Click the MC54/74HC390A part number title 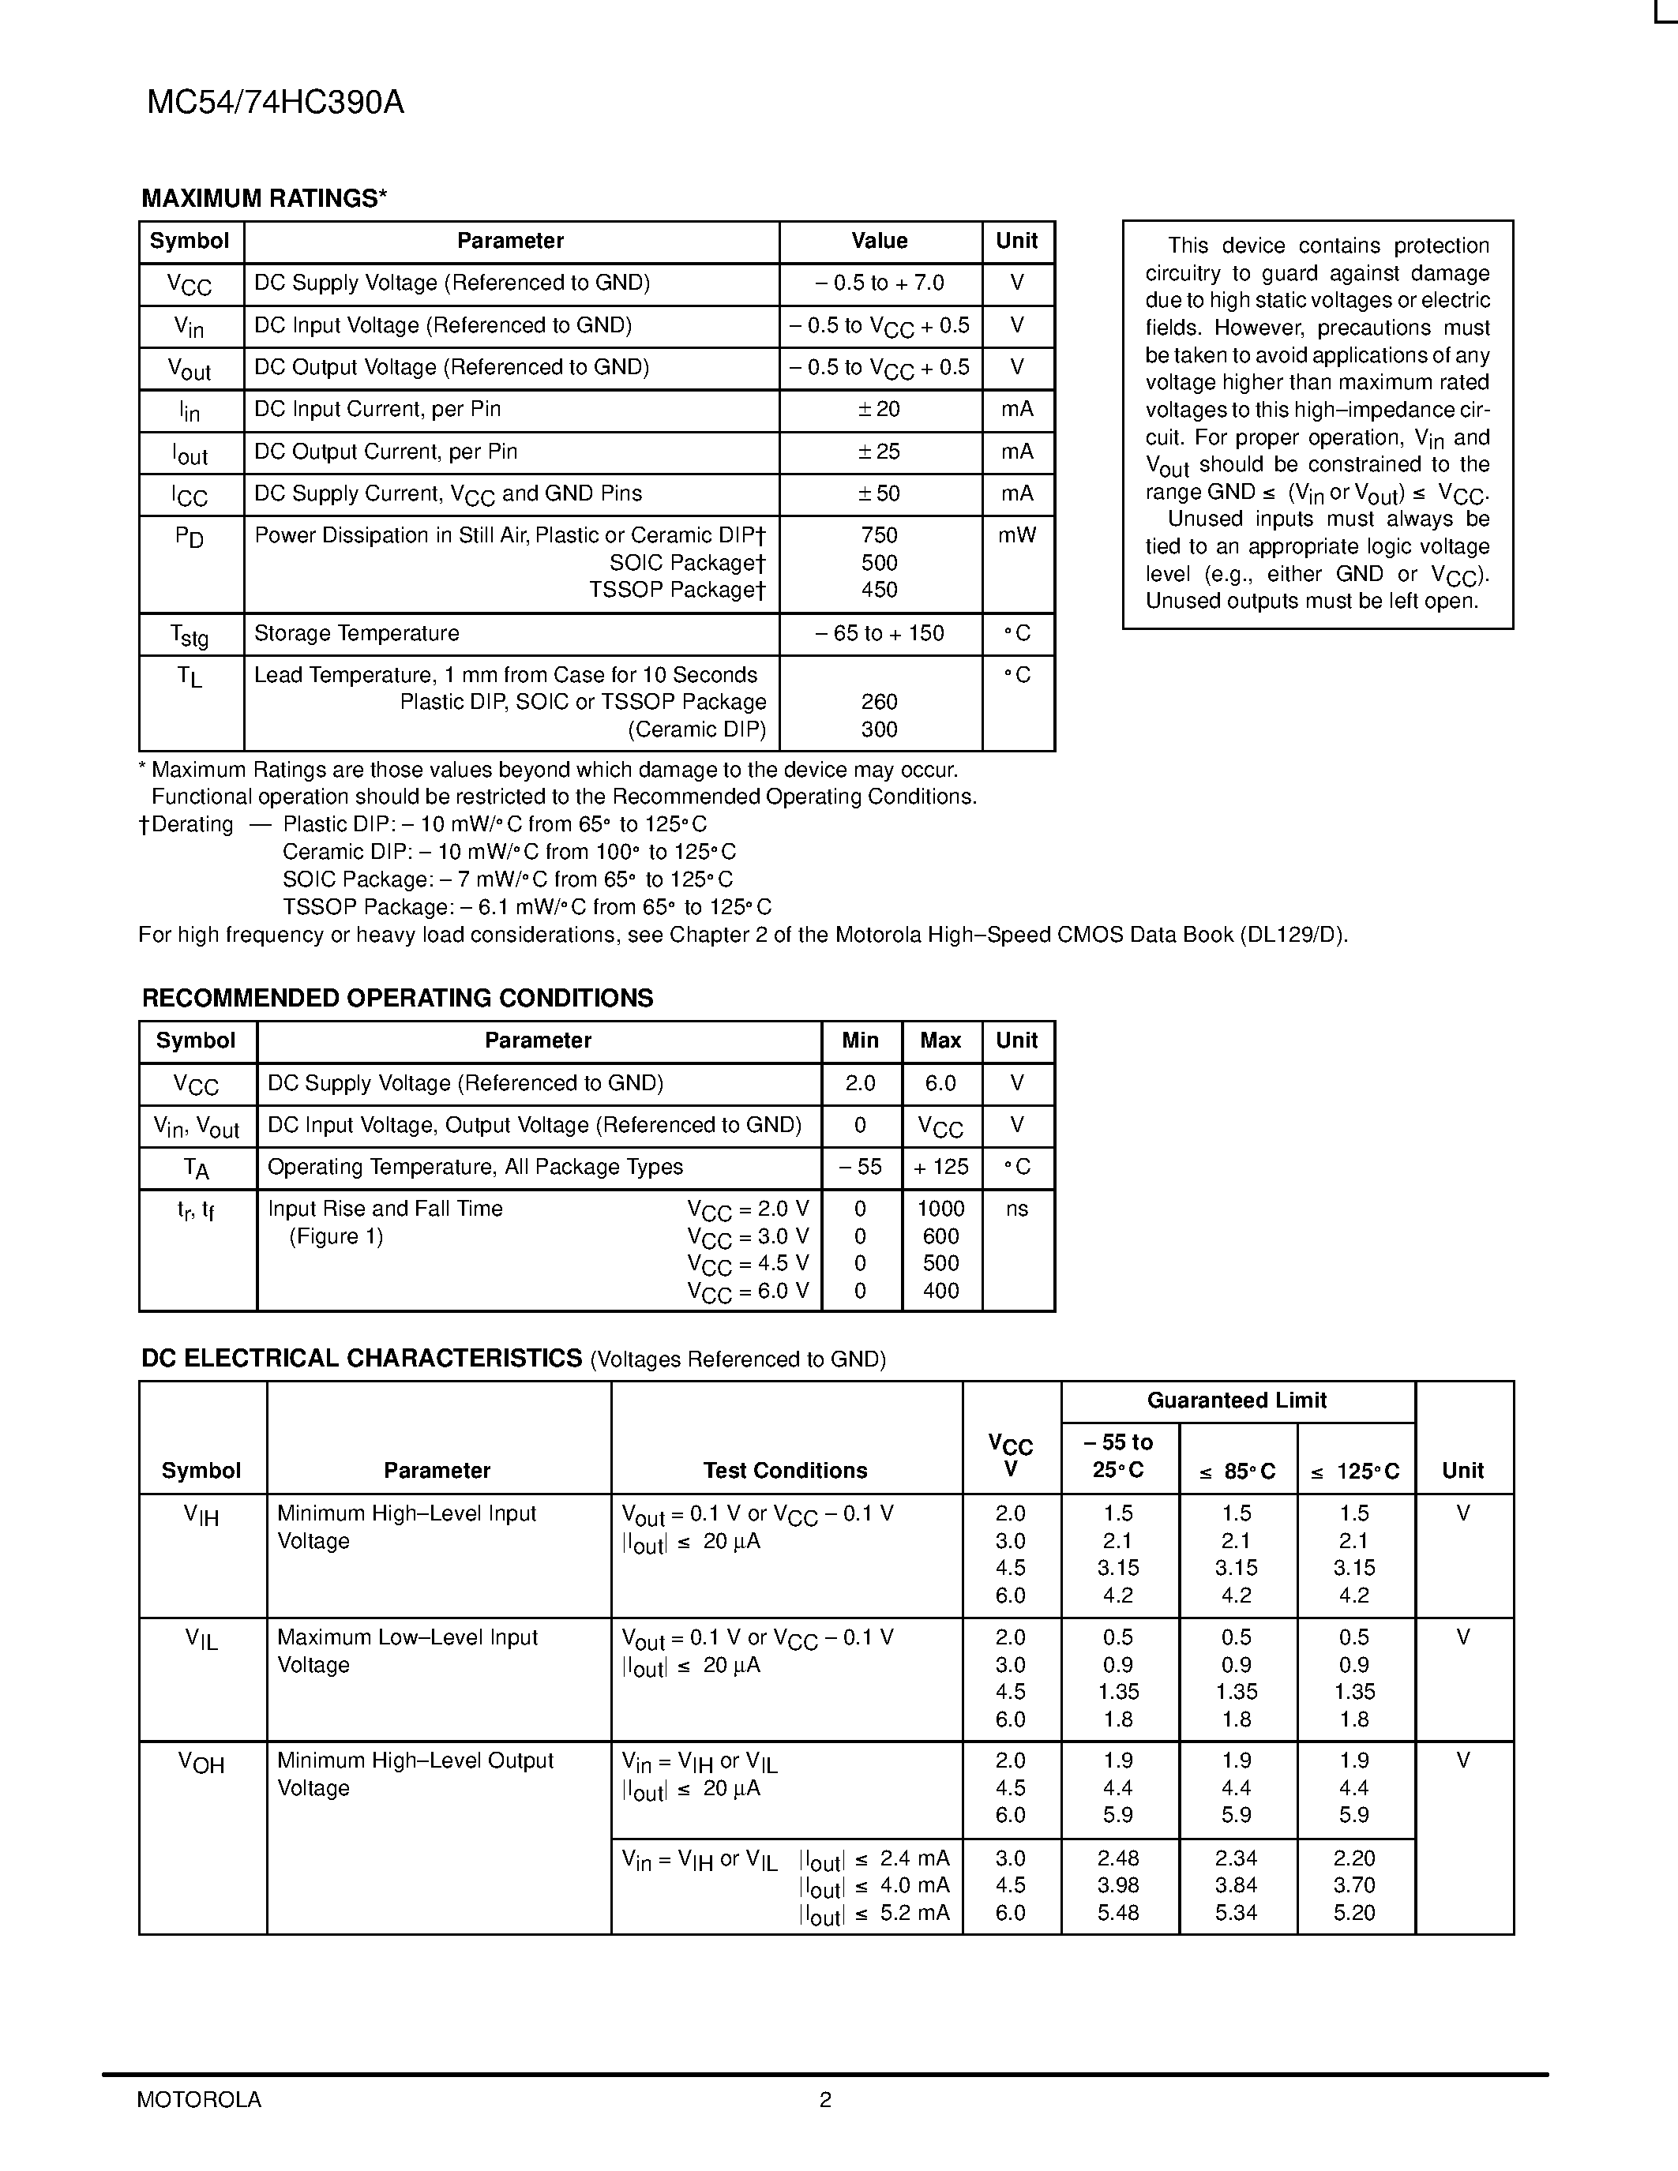coord(276,103)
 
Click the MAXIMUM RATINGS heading coord(264,199)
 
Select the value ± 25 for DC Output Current coord(879,452)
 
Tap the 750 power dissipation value coord(879,536)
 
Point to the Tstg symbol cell coord(189,634)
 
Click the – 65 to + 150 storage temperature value coord(879,633)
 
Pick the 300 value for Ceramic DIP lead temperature coord(879,729)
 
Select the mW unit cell coord(1017,536)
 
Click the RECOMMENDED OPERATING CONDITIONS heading coord(398,998)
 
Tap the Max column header coord(940,1041)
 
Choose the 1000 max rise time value coord(940,1209)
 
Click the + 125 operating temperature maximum coord(940,1167)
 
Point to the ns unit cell coord(1017,1209)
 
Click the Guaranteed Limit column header coord(1237,1400)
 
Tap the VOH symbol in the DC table coord(202,1762)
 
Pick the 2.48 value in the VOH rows coord(1118,1858)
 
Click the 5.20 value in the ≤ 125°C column coord(1354,1913)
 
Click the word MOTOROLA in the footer coord(199,2099)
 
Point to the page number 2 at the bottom coord(825,2099)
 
